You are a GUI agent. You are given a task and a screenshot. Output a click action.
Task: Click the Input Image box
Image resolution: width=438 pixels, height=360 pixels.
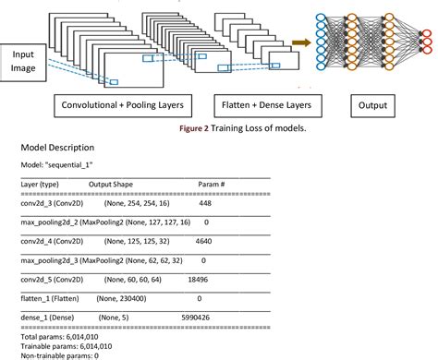(29, 62)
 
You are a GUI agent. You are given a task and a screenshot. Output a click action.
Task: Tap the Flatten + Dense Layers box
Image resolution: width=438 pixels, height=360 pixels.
(262, 106)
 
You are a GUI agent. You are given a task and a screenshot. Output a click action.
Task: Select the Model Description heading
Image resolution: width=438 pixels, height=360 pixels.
(58, 148)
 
